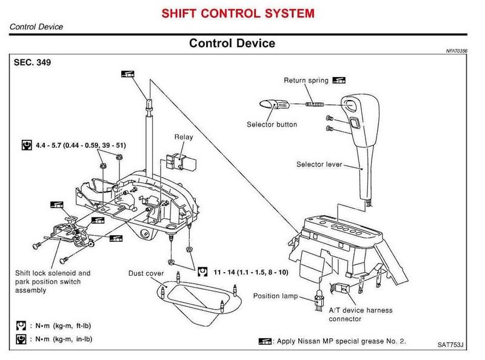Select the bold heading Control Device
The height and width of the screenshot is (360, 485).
(x=232, y=43)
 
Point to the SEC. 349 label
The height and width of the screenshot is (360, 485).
(x=30, y=62)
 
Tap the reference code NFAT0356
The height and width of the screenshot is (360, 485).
(x=460, y=52)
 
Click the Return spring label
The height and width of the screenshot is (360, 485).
(x=306, y=80)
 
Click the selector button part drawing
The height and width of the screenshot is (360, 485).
(x=273, y=104)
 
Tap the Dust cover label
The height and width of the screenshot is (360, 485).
(x=146, y=273)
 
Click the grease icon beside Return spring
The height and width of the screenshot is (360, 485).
(x=339, y=80)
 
